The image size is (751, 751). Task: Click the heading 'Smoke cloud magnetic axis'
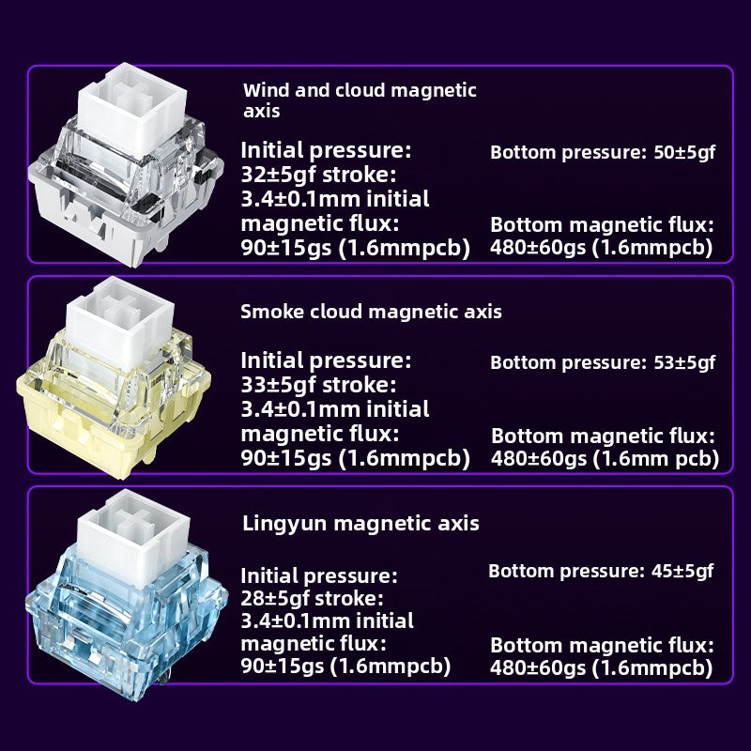[371, 312]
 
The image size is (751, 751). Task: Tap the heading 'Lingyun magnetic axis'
[360, 523]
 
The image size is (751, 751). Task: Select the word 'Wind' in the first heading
[266, 90]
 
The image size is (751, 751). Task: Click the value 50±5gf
[684, 152]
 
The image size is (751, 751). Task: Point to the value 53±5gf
[684, 362]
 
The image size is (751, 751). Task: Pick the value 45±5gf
[682, 571]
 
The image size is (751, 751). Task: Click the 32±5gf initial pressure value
[278, 175]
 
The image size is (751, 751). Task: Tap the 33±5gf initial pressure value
[278, 385]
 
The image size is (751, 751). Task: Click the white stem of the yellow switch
[120, 316]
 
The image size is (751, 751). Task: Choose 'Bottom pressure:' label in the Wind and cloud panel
[569, 152]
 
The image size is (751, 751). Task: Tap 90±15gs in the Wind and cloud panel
[286, 248]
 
